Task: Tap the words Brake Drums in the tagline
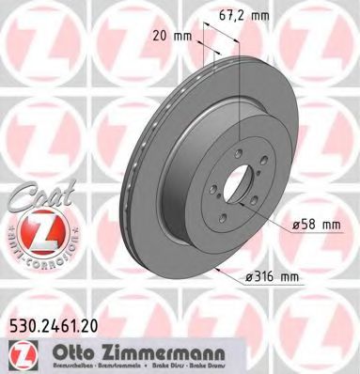pos(270,361)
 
